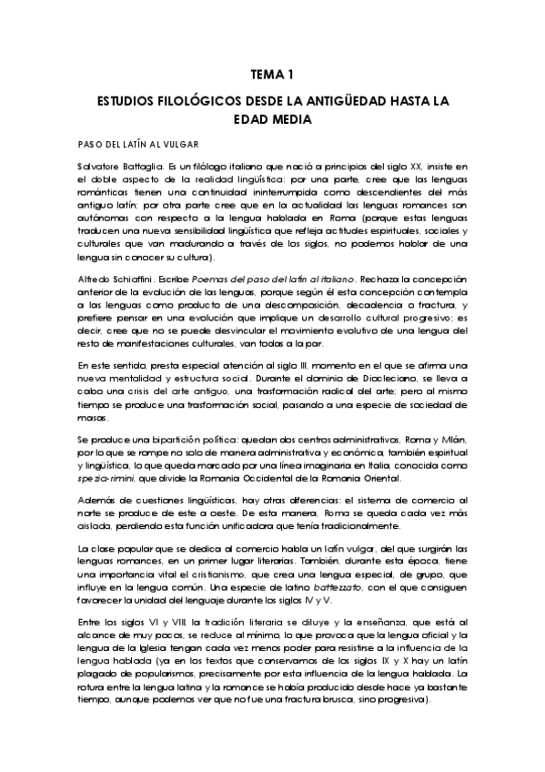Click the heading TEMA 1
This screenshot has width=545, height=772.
(271, 76)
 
